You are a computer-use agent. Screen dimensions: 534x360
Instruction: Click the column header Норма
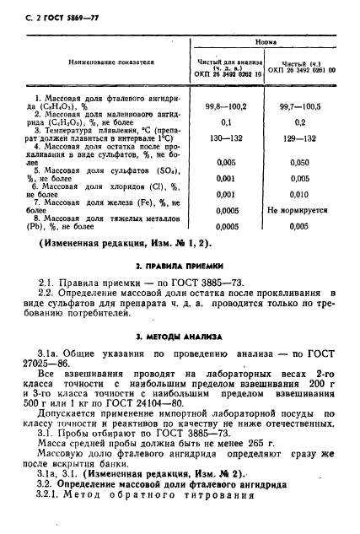tap(265, 40)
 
